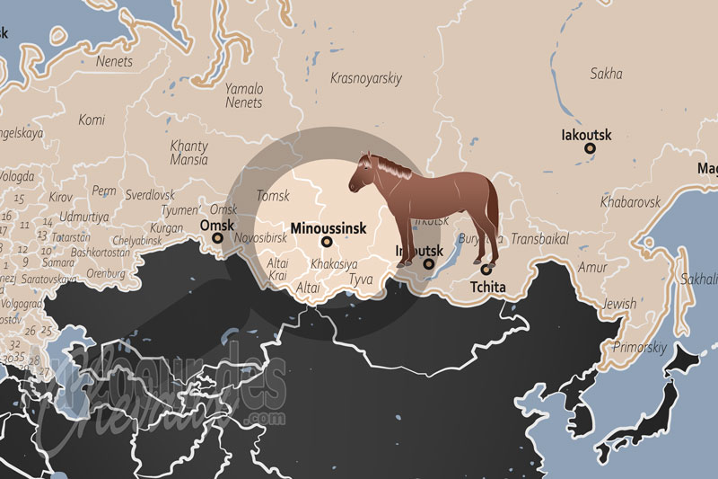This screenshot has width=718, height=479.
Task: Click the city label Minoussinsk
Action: (328, 228)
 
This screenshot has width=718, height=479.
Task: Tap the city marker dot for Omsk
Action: (218, 240)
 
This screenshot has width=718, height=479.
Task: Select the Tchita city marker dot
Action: (486, 269)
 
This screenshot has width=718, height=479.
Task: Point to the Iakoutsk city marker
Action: (589, 151)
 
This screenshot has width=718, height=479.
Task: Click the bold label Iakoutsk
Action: (586, 136)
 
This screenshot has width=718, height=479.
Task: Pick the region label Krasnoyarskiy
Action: (365, 78)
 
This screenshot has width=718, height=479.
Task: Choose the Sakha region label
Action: (606, 74)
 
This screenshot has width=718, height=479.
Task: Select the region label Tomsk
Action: (273, 195)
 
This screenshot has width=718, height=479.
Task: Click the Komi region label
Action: (92, 120)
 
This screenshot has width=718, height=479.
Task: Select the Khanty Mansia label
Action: (189, 154)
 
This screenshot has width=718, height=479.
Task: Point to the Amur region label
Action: (592, 268)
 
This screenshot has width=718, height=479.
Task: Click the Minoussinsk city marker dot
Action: (326, 242)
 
